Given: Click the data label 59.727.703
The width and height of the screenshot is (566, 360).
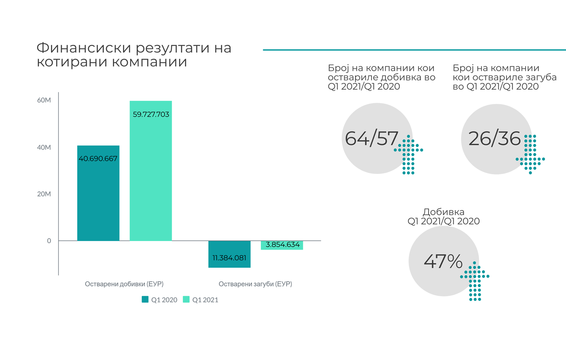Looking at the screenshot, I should pos(151,114).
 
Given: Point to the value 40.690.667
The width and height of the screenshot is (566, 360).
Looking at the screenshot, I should pos(98,159).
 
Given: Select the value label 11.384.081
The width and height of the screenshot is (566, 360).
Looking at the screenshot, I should pos(229,258).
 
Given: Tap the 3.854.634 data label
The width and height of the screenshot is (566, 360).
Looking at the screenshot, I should pos(283,245).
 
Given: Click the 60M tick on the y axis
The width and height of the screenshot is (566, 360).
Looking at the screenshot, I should pos(44,100).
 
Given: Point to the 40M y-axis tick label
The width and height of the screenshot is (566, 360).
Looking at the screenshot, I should pos(44,148).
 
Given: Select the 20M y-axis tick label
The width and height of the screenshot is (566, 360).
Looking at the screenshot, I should pos(44,194).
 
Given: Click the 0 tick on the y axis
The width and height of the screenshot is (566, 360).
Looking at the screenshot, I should pos(49,241).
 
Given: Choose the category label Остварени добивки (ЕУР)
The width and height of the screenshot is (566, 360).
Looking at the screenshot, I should pos(124,284).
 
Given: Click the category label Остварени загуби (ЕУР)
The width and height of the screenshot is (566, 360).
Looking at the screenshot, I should pos(255,284).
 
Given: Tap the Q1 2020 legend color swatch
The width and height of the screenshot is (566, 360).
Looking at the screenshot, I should pos(145,300).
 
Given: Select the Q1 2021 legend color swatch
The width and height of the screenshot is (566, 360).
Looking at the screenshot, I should pos(186,300).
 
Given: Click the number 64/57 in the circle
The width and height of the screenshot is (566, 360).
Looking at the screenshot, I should pos(372,139).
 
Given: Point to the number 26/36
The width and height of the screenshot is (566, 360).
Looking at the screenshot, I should pos(494,139).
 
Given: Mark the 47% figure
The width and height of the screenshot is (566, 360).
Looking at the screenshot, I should pos(443,261).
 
